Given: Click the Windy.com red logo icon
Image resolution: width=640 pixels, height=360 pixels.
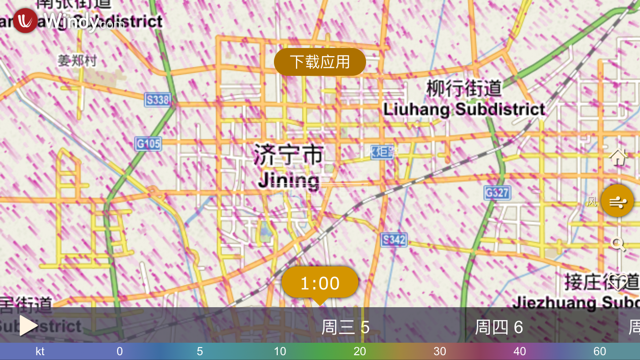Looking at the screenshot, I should coord(25,21).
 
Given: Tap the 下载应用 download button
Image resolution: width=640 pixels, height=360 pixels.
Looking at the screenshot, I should coord(320,62).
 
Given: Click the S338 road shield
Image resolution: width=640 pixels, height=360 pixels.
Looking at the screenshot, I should coord(157,100).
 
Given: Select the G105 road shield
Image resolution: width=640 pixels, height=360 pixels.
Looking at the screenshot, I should coord(148,144).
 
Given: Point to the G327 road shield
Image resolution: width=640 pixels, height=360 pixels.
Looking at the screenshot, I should coord(497,193).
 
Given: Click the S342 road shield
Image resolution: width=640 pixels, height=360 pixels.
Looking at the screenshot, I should coord(394,240).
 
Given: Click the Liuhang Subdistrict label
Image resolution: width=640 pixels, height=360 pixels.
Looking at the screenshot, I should coord(464,109).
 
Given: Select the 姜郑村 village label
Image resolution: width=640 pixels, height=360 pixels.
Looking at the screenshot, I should coord(77,61).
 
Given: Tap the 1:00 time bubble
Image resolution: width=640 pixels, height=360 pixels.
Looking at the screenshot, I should coord(320,283).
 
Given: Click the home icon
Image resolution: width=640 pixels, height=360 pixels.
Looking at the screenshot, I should coord(618,157).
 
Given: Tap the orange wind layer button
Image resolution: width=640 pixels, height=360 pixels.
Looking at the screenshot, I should coord(617,201).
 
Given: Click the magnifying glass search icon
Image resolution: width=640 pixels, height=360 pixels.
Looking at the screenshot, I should coord(618,244).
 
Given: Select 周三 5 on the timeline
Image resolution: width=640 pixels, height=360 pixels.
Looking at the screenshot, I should coord(345,327).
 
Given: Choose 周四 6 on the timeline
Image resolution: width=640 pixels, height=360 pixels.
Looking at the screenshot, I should coord(499,327).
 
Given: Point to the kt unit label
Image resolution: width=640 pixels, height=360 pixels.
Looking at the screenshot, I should coord(40,351).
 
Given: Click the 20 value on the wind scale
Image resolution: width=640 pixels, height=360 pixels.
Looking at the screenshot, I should coord(360,351).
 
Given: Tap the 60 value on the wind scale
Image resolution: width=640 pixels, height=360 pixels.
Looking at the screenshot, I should coord(600,351).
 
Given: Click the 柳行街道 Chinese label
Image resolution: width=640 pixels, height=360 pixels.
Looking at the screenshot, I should coord(464,88).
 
